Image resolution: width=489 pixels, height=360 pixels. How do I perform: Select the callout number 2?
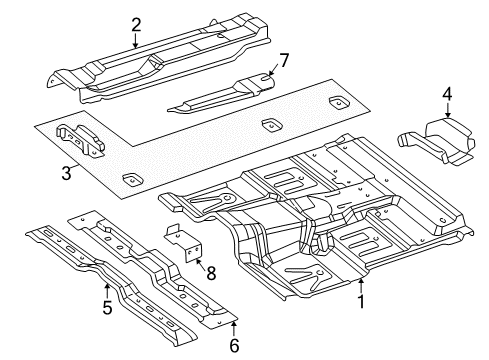click(x=136, y=25)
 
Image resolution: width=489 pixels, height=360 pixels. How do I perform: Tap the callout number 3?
click(x=66, y=173)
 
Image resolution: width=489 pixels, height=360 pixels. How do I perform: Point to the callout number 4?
click(x=448, y=94)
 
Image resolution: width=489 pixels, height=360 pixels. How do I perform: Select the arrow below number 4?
click(x=448, y=111)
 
